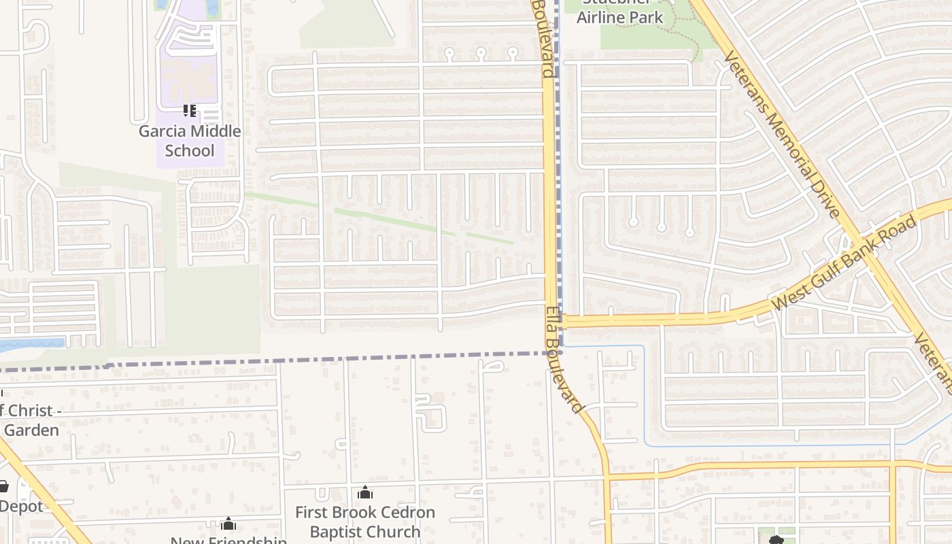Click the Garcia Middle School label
(190, 141)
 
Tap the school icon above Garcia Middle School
(190, 110)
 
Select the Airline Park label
(619, 17)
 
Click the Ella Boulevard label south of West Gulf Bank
(564, 359)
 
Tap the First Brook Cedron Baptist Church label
(365, 522)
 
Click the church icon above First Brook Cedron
(365, 492)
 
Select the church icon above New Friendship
(228, 524)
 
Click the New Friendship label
(228, 540)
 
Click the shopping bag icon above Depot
(3, 486)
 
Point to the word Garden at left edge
(31, 430)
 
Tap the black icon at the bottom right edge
(776, 541)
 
